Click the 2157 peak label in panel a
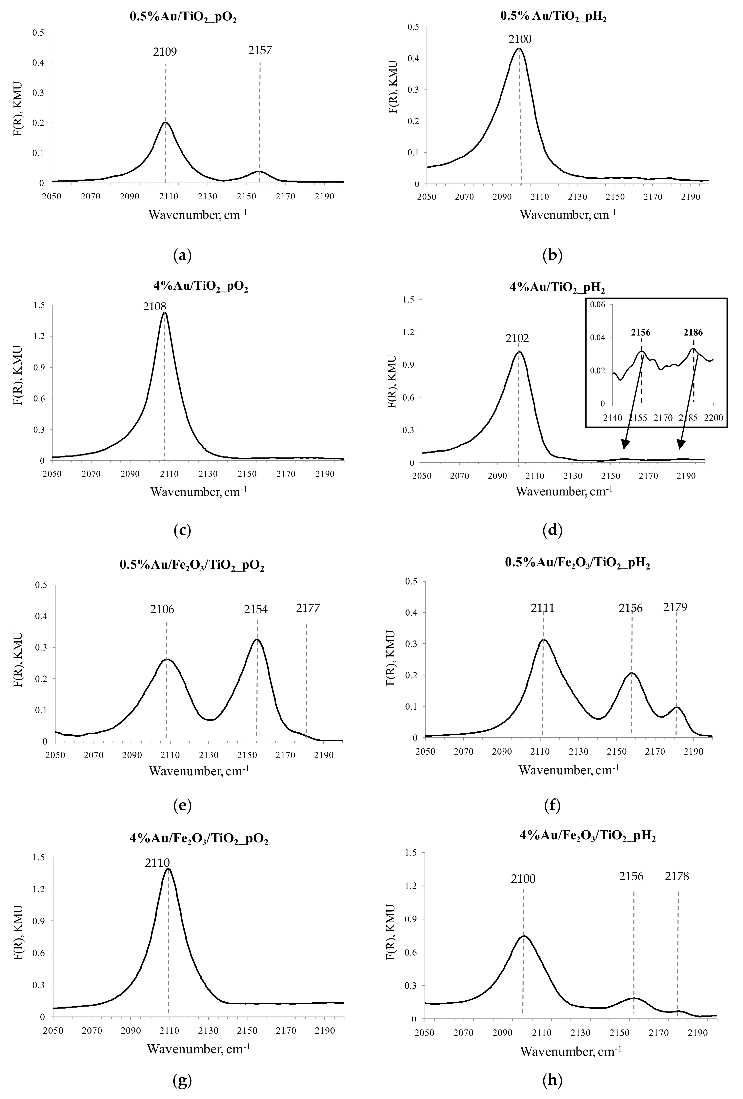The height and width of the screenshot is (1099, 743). tap(260, 50)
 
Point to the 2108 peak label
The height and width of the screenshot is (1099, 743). tap(155, 306)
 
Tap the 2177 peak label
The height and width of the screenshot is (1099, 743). tap(308, 608)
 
